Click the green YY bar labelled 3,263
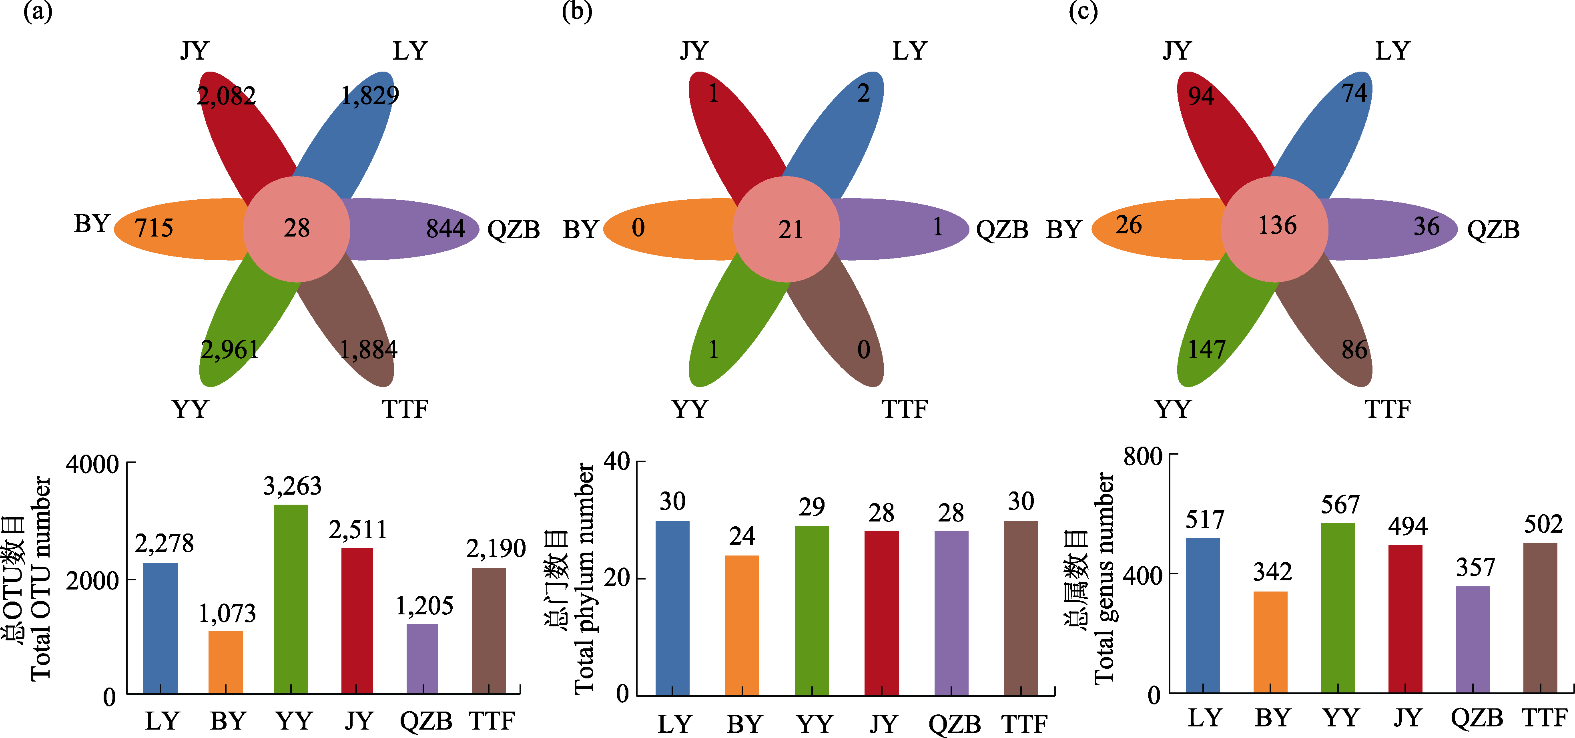click(291, 599)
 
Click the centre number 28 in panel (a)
click(297, 228)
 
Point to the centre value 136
click(1277, 226)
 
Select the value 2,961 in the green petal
click(230, 350)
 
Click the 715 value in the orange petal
click(153, 228)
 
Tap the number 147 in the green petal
click(1206, 350)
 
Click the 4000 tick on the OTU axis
click(92, 464)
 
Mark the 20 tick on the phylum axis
click(616, 578)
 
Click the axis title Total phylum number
click(584, 578)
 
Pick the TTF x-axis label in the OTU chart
click(492, 722)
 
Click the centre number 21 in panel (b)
click(790, 230)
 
